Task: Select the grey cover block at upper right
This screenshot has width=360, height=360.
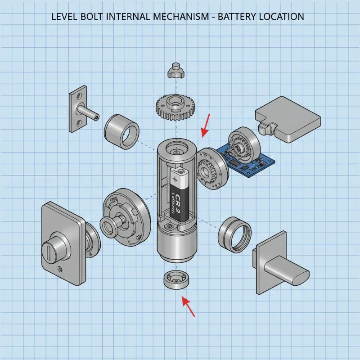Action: tap(288, 119)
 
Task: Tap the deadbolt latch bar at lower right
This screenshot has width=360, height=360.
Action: tap(285, 270)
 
